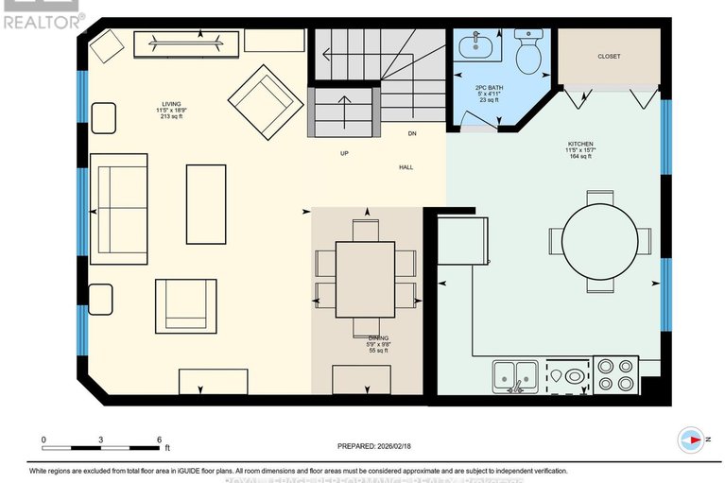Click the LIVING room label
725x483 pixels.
(x=171, y=103)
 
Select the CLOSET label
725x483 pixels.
(x=610, y=57)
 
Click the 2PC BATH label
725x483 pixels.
(x=490, y=88)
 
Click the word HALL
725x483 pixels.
(x=406, y=167)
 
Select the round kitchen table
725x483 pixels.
(x=601, y=240)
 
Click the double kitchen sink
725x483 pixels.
(x=514, y=375)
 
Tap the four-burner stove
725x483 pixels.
(x=615, y=375)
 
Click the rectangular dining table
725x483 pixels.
(x=366, y=280)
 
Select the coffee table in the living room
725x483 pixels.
(x=206, y=203)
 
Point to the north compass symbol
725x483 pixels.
(x=692, y=439)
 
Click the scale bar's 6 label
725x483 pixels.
(x=160, y=440)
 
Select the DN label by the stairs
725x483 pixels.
(x=412, y=134)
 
